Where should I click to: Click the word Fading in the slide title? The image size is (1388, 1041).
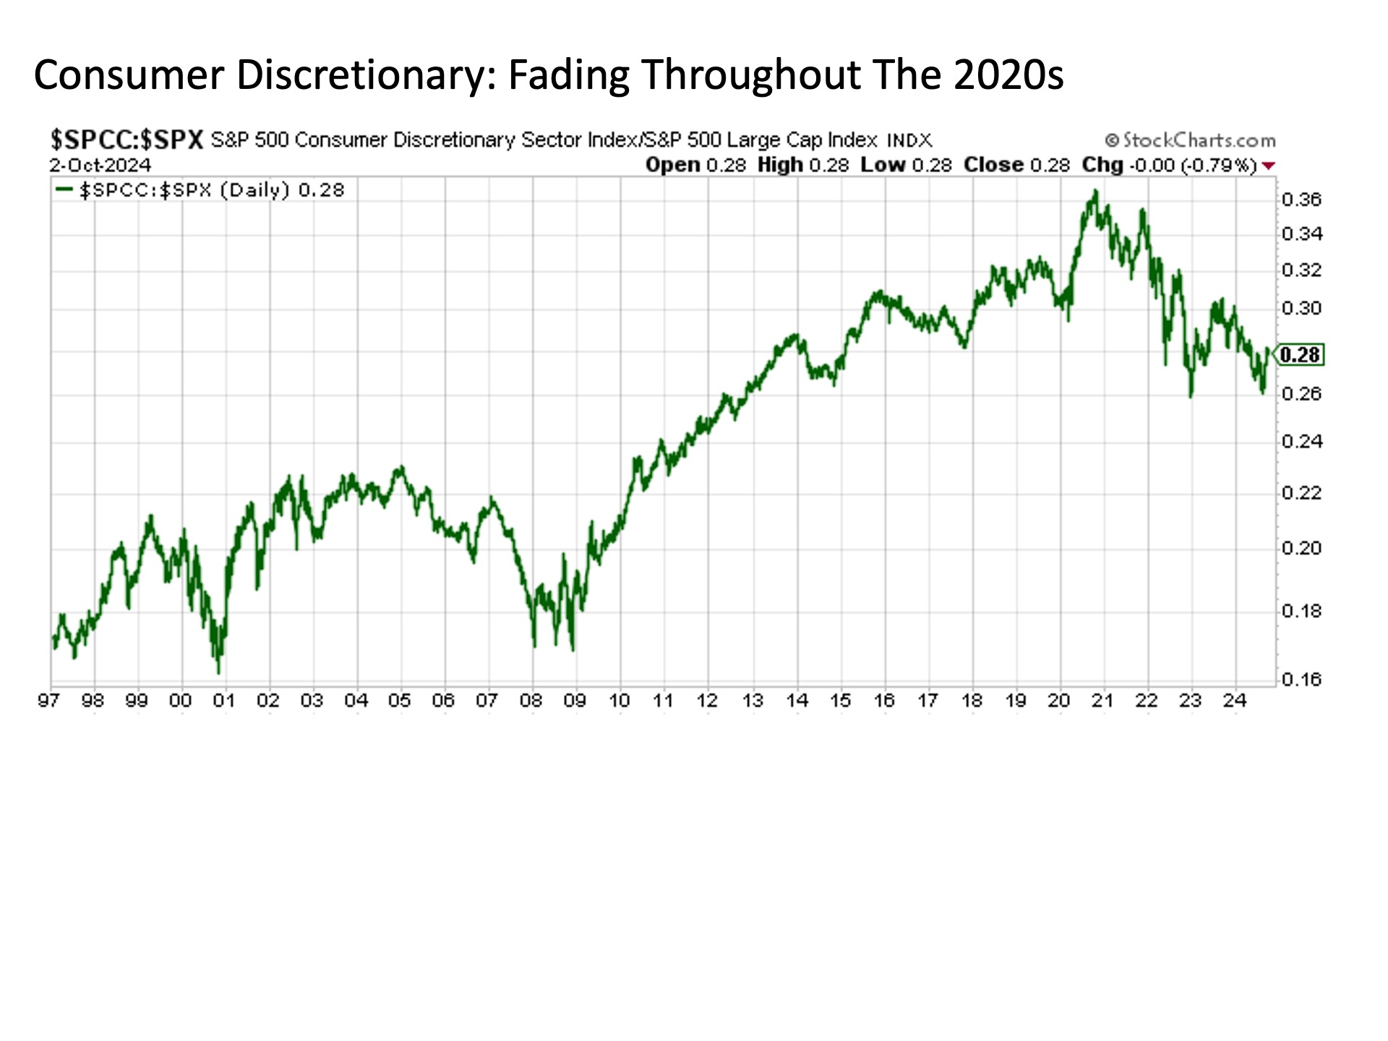(x=568, y=74)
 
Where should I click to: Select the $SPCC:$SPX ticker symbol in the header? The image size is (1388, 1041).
(x=127, y=139)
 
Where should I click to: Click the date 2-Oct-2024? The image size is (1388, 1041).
(x=100, y=165)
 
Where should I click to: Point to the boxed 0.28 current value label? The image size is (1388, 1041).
(x=1300, y=355)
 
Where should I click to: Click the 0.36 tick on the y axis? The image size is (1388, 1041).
(x=1301, y=200)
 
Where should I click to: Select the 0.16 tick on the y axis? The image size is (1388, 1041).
(x=1301, y=680)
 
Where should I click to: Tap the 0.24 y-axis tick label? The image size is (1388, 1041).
(x=1301, y=441)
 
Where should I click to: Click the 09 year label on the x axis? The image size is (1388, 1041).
(x=575, y=701)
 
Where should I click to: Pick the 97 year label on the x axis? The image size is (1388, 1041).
(x=48, y=701)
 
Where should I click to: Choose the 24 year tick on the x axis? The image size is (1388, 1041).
(x=1234, y=701)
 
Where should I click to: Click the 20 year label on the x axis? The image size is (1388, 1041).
(x=1058, y=701)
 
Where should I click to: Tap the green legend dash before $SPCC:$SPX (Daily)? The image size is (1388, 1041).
(x=64, y=190)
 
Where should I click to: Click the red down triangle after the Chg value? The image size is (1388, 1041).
(x=1268, y=166)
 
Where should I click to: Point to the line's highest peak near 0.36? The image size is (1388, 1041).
(x=1095, y=192)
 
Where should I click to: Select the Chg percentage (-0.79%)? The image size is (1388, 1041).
(x=1220, y=165)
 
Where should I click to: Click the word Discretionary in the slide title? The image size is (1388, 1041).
(x=367, y=74)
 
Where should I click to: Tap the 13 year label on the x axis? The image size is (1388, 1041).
(x=753, y=701)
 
